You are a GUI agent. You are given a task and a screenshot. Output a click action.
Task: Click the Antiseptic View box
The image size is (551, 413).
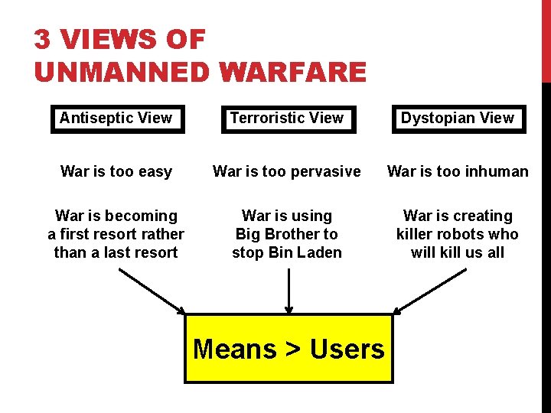pyautogui.click(x=117, y=119)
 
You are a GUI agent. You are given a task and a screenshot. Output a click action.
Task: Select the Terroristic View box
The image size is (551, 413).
pyautogui.click(x=288, y=119)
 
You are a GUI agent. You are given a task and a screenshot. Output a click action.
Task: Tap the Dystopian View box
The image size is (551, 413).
pyautogui.click(x=458, y=119)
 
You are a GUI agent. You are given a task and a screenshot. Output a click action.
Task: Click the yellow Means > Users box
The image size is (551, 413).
pyautogui.click(x=289, y=349)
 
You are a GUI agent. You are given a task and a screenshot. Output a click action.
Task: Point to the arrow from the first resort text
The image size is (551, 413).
pyautogui.click(x=152, y=290)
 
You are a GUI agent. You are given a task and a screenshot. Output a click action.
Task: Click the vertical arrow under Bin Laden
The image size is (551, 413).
pyautogui.click(x=289, y=289)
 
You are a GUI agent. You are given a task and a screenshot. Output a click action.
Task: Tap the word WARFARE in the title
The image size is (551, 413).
pyautogui.click(x=292, y=73)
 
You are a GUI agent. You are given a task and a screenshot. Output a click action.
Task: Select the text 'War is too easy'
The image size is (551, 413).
pyautogui.click(x=116, y=171)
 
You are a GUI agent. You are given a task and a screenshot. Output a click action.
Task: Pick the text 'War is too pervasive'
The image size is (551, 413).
pyautogui.click(x=287, y=171)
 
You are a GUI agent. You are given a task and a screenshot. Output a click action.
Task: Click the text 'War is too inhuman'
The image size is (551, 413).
pyautogui.click(x=458, y=171)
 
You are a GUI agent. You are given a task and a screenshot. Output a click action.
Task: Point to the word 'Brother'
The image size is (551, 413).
pyautogui.click(x=287, y=234)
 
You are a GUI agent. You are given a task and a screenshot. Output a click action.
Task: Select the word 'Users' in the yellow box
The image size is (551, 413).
pyautogui.click(x=347, y=349)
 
